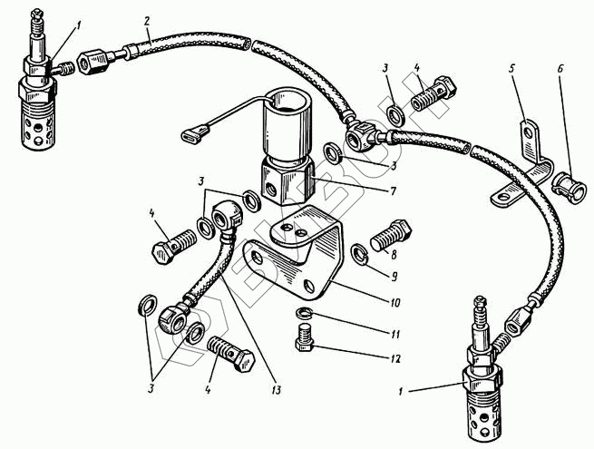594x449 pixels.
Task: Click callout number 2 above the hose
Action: (146, 19)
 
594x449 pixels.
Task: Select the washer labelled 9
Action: (358, 256)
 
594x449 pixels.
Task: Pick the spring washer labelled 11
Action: (307, 314)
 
